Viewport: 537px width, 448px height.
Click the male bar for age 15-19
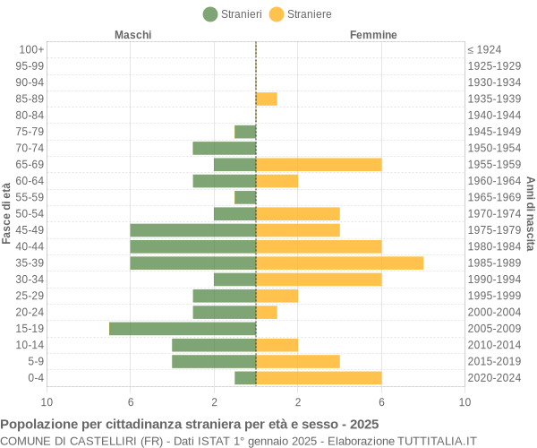point(183,329)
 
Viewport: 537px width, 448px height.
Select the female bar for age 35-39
point(339,263)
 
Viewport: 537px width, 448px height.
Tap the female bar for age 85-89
point(266,99)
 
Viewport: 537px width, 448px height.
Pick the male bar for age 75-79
point(245,132)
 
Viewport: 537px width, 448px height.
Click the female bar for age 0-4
point(319,378)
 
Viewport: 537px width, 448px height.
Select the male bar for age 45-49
point(193,230)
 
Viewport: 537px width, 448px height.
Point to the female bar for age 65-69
point(319,164)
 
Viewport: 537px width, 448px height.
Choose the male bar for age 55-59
point(245,197)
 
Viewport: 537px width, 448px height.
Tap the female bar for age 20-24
point(266,312)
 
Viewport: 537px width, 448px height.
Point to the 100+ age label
point(31,49)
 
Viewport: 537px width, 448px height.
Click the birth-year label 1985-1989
point(494,263)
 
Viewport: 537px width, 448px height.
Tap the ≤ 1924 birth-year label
point(484,49)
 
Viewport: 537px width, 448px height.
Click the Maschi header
point(132,35)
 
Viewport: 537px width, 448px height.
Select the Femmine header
point(373,35)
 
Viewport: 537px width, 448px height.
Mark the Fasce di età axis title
point(7,212)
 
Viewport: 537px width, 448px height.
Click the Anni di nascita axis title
point(530,212)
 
